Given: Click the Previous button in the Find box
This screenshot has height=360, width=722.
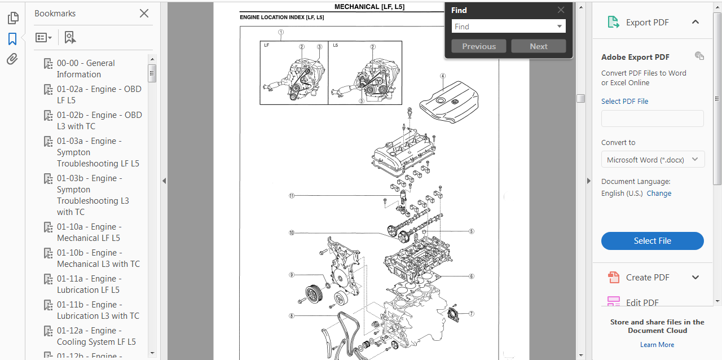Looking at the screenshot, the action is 479,46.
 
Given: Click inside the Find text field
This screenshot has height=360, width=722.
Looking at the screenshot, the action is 503,27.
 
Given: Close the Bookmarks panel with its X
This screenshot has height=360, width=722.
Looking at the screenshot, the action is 144,13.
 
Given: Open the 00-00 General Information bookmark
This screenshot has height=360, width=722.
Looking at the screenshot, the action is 86,69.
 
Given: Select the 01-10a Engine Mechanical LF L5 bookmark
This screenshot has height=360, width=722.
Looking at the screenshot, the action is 89,232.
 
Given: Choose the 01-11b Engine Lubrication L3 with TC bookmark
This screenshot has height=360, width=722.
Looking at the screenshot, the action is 98,310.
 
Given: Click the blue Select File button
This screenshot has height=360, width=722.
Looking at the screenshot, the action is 653,240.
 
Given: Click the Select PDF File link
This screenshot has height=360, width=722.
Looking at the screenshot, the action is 624,102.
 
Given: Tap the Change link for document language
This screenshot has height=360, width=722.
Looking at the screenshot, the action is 659,193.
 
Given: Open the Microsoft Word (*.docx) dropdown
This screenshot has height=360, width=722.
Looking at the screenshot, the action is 653,160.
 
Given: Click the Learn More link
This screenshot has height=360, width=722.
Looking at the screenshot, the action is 657,345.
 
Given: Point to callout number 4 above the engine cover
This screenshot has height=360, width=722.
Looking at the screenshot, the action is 443,76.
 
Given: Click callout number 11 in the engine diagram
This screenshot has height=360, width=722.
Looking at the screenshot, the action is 292,195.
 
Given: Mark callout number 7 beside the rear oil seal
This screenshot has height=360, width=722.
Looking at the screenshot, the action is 471,314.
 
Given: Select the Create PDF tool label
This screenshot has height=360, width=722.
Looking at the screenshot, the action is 648,278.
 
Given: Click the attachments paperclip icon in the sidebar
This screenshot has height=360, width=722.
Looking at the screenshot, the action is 12,59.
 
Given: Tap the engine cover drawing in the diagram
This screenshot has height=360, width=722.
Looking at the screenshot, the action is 449,102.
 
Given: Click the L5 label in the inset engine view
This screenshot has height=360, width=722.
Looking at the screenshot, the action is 336,45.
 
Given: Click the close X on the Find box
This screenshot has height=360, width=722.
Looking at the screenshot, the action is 561,10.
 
